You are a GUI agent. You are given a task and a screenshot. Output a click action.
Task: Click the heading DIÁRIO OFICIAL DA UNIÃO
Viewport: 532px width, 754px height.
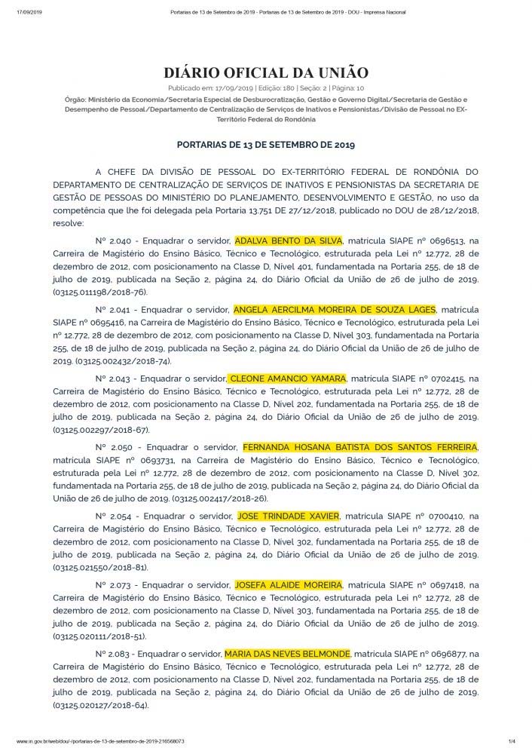coord(265,73)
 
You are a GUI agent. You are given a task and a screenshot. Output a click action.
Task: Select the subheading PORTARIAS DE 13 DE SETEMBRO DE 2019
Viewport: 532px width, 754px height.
coord(265,143)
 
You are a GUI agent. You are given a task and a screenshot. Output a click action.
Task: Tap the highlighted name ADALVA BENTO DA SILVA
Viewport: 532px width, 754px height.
coord(289,241)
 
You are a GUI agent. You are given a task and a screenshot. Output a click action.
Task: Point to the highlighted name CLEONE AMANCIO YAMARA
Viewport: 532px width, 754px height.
coord(286,378)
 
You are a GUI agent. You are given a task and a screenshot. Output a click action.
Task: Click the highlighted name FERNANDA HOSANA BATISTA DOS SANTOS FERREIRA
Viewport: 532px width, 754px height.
coord(359,447)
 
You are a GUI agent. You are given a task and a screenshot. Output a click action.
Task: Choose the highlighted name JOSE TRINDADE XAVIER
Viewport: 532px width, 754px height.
coord(289,516)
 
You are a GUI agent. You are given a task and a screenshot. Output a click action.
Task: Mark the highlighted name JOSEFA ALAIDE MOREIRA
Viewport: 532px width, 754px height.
coord(289,584)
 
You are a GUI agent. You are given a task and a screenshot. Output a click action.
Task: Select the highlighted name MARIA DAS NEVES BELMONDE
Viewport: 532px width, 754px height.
coord(287,653)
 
